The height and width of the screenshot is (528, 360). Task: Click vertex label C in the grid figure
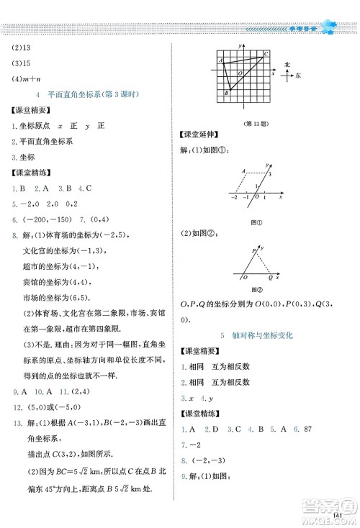click(x=266, y=55)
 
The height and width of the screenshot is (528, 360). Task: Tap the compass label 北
click(x=288, y=64)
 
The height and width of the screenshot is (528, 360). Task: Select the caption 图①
click(x=254, y=221)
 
